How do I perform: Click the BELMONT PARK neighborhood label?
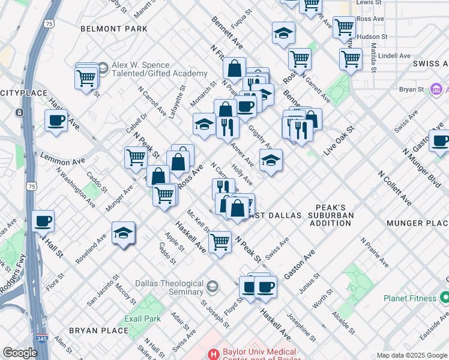pos(114,28)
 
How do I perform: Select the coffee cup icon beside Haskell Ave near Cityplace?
pos(56,121)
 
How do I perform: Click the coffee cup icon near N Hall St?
pos(43,221)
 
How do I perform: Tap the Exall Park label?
pos(142,319)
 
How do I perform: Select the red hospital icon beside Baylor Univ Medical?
pos(211,355)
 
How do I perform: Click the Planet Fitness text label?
pos(411,298)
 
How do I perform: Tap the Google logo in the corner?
pos(20,353)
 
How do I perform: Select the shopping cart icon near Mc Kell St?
pos(220,242)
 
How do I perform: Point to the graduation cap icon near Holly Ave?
pos(271,160)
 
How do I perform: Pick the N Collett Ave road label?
pos(394,188)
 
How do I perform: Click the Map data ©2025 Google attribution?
pos(411,355)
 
